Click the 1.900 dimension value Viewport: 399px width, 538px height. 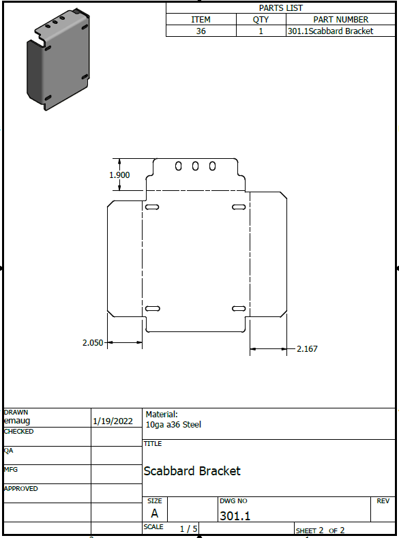click(119, 175)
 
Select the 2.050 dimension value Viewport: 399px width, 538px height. click(93, 343)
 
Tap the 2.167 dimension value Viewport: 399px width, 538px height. click(307, 349)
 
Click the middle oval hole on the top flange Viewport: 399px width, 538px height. click(195, 166)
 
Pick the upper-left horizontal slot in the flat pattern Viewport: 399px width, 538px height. click(152, 207)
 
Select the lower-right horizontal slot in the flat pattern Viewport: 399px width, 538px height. click(239, 308)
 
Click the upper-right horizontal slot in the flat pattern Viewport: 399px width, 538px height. click(239, 207)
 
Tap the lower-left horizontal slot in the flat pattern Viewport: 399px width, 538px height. click(153, 308)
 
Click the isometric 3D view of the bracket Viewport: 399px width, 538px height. click(59, 59)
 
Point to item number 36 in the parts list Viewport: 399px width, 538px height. click(201, 31)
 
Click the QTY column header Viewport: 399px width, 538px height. click(261, 20)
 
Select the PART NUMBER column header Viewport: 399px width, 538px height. click(340, 20)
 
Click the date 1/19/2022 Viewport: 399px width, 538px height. click(113, 421)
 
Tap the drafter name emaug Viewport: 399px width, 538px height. click(17, 421)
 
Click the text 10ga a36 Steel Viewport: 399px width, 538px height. click(173, 425)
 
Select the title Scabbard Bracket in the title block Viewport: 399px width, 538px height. click(192, 471)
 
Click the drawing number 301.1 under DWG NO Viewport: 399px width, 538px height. click(235, 515)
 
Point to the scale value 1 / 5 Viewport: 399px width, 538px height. click(189, 528)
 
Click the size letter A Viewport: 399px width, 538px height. click(155, 513)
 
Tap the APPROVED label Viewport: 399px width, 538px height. click(21, 489)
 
